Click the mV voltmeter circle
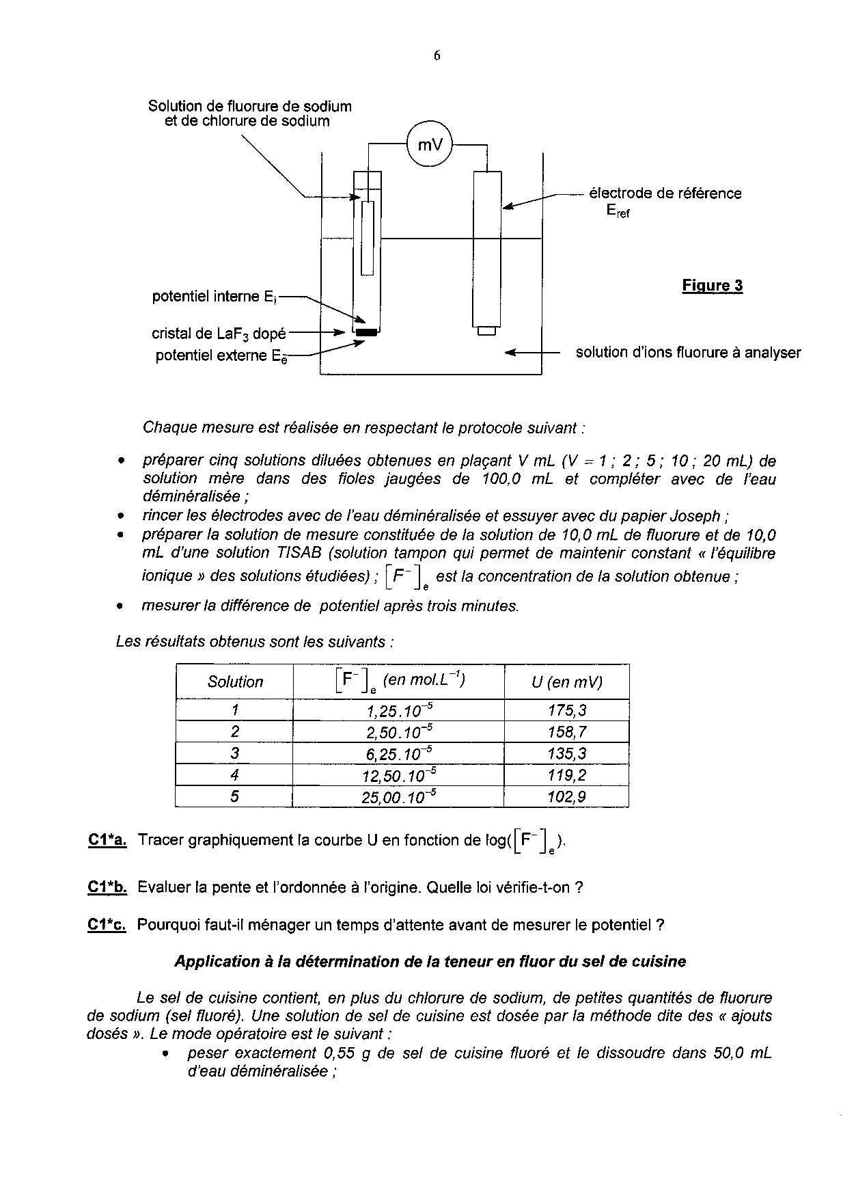click(x=430, y=144)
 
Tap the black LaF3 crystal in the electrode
click(x=367, y=333)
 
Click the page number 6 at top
click(x=437, y=56)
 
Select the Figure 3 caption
click(x=712, y=286)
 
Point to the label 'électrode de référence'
click(x=665, y=193)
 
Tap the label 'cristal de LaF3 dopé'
click(x=219, y=334)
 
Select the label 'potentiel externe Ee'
click(x=221, y=355)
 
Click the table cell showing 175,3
click(x=566, y=710)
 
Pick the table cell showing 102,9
click(x=566, y=797)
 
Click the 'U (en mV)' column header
click(x=566, y=682)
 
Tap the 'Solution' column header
click(x=235, y=682)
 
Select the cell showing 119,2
click(x=566, y=775)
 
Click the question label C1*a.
click(x=107, y=840)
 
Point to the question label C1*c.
click(x=107, y=925)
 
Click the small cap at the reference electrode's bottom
click(x=486, y=332)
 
